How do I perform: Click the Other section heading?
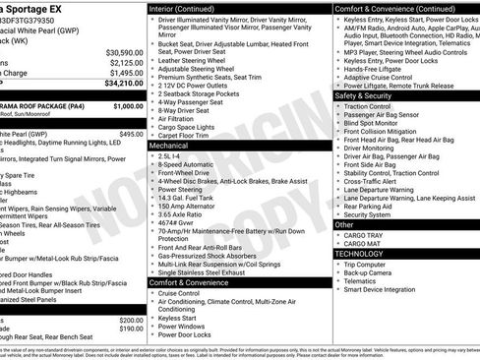tap(344, 224)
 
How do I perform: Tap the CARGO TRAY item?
tap(363, 234)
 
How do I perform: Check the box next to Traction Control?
tap(338, 105)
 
